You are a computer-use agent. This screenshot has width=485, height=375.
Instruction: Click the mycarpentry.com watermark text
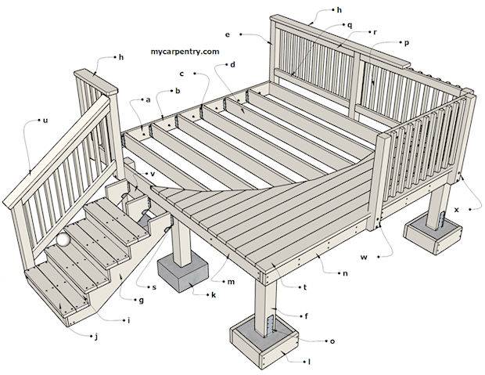(185, 52)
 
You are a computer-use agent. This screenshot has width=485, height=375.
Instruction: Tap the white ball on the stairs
(63, 240)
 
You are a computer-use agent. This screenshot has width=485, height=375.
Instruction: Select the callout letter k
(214, 295)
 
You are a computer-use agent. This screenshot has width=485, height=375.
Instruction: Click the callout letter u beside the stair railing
(45, 121)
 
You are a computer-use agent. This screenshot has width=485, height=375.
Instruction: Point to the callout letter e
(228, 34)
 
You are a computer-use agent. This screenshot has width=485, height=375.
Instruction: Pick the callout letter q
(350, 26)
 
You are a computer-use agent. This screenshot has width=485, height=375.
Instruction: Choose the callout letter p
(407, 43)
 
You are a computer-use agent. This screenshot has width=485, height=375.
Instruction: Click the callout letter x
(457, 210)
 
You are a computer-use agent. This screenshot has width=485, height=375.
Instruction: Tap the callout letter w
(365, 257)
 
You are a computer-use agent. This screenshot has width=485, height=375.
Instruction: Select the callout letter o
(332, 341)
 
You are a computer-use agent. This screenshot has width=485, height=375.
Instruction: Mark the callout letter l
(309, 362)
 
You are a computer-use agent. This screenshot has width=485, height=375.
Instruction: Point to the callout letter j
(96, 337)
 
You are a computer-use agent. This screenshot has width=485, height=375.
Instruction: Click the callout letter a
(148, 100)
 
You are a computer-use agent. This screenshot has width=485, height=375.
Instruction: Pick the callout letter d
(232, 64)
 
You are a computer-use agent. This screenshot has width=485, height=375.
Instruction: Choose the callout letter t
(305, 287)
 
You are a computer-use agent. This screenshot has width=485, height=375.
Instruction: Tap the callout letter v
(153, 174)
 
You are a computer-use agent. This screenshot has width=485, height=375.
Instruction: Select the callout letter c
(181, 74)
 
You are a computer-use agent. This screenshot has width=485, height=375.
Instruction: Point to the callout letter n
(345, 273)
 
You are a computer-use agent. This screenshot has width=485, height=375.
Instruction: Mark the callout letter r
(375, 32)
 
